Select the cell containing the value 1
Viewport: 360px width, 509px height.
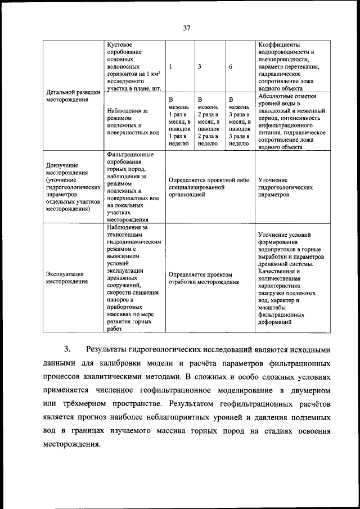[170, 66]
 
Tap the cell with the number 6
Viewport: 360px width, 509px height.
[231, 66]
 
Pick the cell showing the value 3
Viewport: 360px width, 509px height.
[200, 66]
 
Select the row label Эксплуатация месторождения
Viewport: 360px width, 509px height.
[67, 278]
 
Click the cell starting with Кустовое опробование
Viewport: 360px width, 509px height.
[133, 66]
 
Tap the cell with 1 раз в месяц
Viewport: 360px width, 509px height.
[180, 121]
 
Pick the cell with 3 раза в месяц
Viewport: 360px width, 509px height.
[239, 121]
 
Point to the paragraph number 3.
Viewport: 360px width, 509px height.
[67, 350]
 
